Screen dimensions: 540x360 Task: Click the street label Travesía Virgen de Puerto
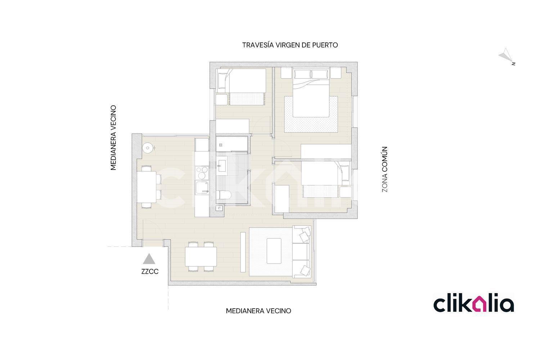click(290, 45)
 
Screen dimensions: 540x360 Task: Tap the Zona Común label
click(384, 169)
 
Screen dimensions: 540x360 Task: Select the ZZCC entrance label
click(150, 271)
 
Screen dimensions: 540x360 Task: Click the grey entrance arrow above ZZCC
click(149, 259)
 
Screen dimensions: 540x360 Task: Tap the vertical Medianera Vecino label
click(113, 138)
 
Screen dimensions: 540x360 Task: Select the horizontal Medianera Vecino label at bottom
click(258, 311)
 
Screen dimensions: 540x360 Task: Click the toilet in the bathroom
click(224, 195)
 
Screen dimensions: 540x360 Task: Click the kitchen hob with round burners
click(202, 173)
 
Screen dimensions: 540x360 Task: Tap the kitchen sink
click(202, 188)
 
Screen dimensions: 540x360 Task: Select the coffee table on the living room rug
click(274, 251)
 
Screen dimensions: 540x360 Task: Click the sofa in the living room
click(301, 252)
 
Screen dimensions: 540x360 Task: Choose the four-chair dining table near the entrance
click(201, 257)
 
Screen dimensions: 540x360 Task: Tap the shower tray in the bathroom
click(232, 144)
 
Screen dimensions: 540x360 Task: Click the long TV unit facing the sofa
click(243, 252)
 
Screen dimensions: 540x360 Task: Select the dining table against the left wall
click(147, 186)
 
